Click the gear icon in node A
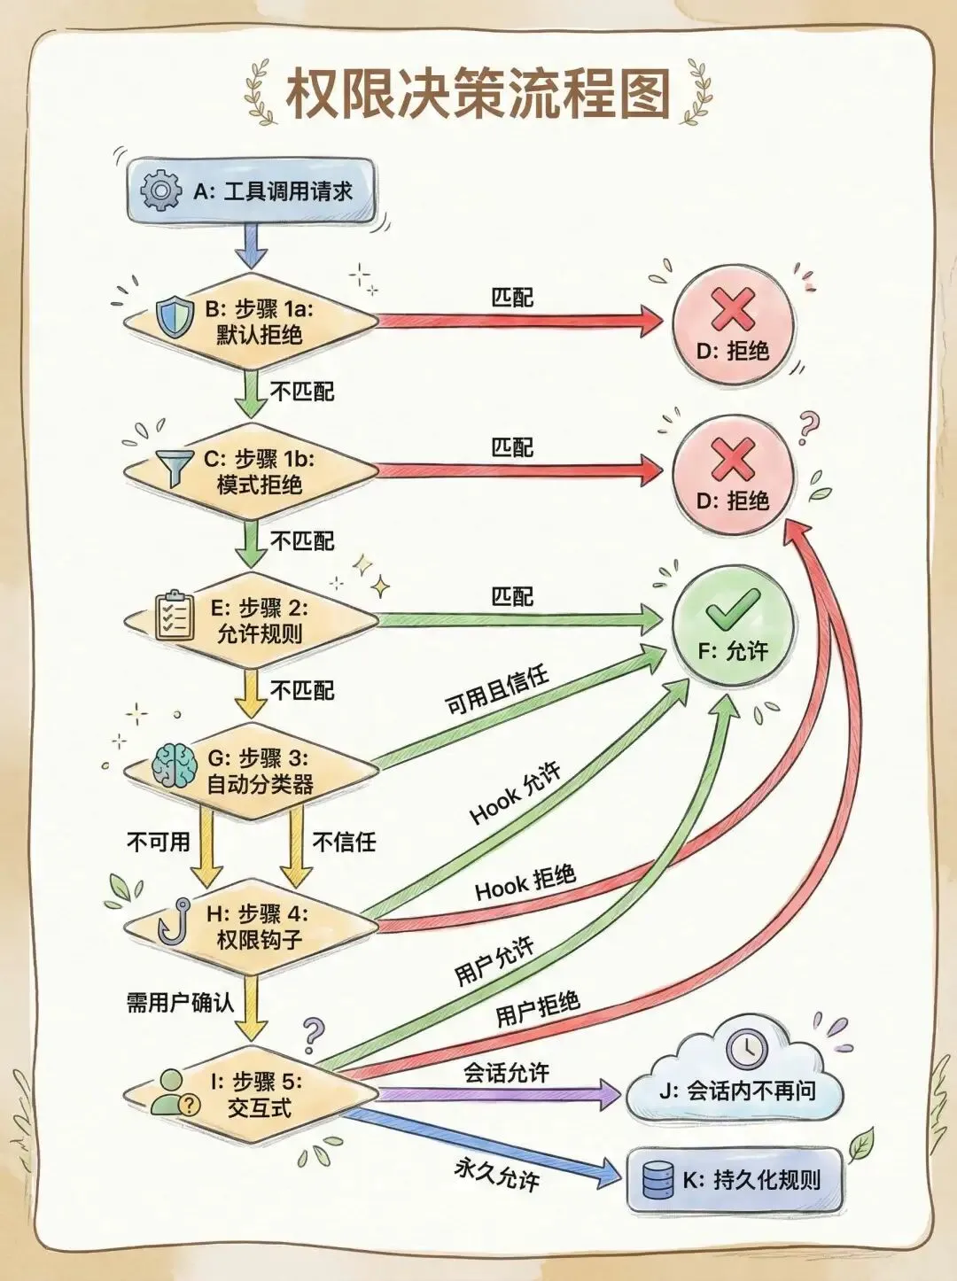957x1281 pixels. pyautogui.click(x=160, y=190)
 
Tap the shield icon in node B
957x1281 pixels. pyautogui.click(x=173, y=317)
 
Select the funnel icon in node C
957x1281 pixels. pyautogui.click(x=175, y=466)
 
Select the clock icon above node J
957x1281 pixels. pyautogui.click(x=746, y=1048)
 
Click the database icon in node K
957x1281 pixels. pyautogui.click(x=657, y=1181)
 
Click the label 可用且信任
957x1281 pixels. pyautogui.click(x=497, y=692)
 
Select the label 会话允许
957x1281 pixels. pyautogui.click(x=507, y=1074)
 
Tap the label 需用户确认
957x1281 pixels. pyautogui.click(x=180, y=1002)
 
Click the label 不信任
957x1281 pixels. pyautogui.click(x=344, y=841)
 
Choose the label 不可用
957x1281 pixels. pyautogui.click(x=159, y=841)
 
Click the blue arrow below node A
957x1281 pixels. pyautogui.click(x=252, y=245)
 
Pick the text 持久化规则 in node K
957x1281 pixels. pyautogui.click(x=767, y=1180)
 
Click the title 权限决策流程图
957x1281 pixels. pyautogui.click(x=478, y=95)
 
